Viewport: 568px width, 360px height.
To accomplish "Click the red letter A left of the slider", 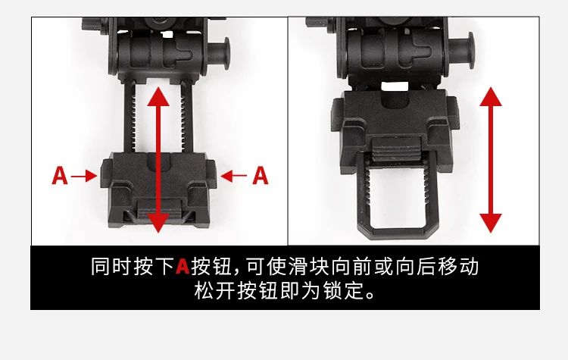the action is tap(60, 176).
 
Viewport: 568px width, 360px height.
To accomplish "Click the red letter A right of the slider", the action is tap(261, 176).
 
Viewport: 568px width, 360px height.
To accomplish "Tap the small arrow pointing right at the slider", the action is tap(84, 176).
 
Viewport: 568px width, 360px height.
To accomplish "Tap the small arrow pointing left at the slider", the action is tap(234, 176).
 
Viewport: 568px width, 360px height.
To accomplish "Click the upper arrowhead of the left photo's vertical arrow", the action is tap(158, 97).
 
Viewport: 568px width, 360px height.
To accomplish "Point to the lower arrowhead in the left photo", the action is tap(158, 223).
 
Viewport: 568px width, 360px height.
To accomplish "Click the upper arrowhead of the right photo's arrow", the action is tap(491, 96).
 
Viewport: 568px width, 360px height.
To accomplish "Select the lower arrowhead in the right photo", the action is tap(491, 223).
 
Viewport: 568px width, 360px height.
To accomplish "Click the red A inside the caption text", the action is tap(183, 267).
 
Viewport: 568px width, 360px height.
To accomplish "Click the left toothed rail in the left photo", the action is tap(130, 117).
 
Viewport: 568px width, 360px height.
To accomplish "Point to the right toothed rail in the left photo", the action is tap(186, 117).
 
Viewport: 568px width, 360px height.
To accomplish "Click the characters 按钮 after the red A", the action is tap(212, 267).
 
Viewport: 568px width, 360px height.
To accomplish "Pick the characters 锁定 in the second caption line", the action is tap(344, 290).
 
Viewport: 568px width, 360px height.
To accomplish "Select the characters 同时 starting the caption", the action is tap(111, 267).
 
